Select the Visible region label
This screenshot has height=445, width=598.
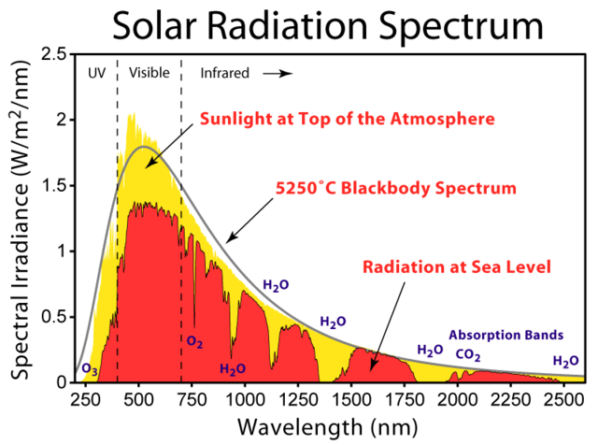pos(149,72)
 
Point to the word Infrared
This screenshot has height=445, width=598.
pos(225,72)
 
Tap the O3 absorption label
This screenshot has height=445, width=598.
pos(90,369)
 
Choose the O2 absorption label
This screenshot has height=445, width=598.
pos(194,342)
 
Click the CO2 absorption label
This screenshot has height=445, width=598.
pos(469,354)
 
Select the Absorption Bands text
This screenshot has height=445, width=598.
pos(506,334)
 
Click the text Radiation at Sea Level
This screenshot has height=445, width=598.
pos(458,267)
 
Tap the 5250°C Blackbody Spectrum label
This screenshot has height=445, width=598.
pos(394,188)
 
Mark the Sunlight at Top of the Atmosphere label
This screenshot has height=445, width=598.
pos(346,120)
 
